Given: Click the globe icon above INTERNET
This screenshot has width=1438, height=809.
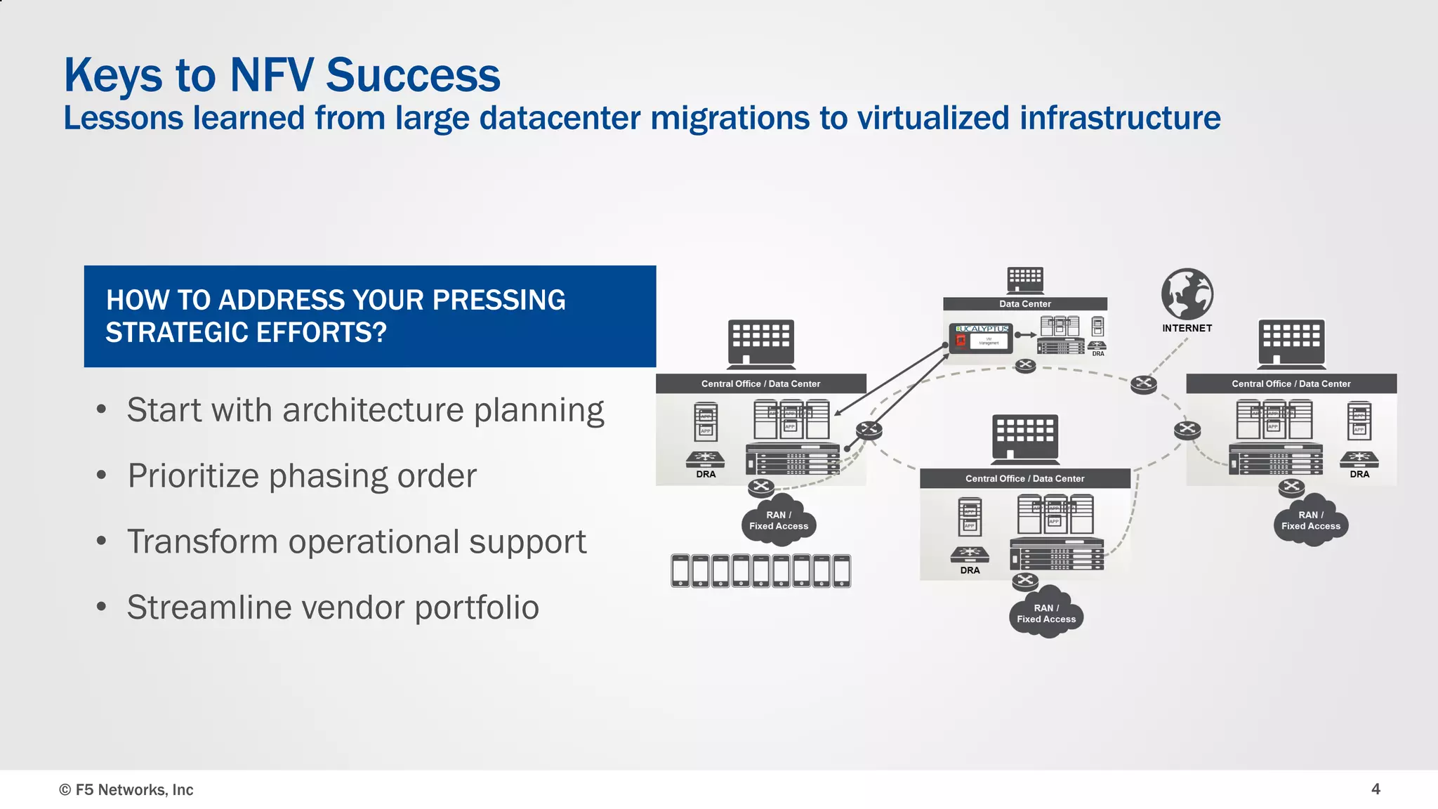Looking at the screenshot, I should [x=1187, y=294].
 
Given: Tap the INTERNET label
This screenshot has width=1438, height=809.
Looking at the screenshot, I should [x=1187, y=328].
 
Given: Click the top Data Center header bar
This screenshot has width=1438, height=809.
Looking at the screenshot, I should [x=1024, y=304].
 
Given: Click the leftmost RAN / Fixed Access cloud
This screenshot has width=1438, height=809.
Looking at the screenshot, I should [x=778, y=521].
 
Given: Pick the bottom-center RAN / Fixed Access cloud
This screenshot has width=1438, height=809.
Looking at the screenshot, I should [x=1046, y=614].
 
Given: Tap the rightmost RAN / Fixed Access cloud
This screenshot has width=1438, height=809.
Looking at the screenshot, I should [x=1310, y=521].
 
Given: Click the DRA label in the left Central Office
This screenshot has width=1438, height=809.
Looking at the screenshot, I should [x=706, y=474].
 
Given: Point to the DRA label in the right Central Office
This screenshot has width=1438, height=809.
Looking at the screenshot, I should [x=1359, y=474].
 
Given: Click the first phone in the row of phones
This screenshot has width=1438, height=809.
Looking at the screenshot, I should [x=680, y=570].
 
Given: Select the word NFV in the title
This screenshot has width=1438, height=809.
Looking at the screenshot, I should [x=271, y=75].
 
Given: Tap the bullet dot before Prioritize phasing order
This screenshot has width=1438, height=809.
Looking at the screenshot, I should [x=102, y=475].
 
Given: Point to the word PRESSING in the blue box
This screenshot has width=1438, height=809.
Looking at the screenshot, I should [x=499, y=300].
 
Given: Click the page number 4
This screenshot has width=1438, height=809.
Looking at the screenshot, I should [x=1376, y=789].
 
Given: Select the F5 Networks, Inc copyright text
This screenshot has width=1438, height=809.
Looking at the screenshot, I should [x=126, y=789].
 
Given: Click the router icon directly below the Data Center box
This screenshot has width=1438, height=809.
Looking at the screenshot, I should [x=1025, y=365].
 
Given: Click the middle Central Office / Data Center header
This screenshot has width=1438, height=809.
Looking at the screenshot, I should [x=1024, y=478].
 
